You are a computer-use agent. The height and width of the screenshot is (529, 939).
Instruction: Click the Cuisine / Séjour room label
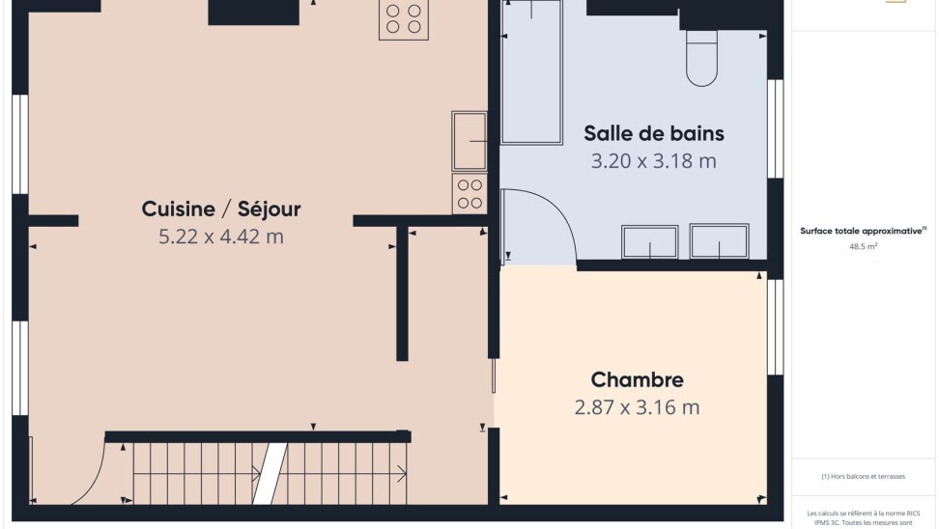(x=221, y=209)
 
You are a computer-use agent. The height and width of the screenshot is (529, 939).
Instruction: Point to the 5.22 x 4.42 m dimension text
(x=221, y=237)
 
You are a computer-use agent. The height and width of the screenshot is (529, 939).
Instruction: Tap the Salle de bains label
(x=654, y=133)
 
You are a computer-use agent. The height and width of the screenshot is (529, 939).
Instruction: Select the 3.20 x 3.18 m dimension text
(x=653, y=161)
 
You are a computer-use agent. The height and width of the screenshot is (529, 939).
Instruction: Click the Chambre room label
(x=638, y=379)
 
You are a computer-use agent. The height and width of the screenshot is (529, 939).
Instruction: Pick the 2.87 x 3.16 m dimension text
(x=637, y=407)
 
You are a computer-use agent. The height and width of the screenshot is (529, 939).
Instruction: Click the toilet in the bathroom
(x=702, y=58)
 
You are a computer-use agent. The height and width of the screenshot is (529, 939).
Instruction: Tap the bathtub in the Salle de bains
(x=531, y=72)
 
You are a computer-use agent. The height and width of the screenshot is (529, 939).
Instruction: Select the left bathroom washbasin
(x=650, y=241)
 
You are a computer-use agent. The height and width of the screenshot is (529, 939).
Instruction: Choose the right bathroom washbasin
(x=719, y=241)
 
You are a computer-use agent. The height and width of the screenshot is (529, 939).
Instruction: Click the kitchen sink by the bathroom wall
(x=469, y=141)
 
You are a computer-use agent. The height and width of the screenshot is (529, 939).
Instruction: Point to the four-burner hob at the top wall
(x=404, y=19)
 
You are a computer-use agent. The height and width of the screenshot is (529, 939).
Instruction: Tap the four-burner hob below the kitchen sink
(x=469, y=194)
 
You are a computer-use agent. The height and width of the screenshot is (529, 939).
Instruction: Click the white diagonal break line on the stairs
(x=270, y=473)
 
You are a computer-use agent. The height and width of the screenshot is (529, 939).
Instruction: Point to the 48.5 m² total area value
(x=863, y=246)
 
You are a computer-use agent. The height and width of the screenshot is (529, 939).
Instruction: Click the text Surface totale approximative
(x=861, y=231)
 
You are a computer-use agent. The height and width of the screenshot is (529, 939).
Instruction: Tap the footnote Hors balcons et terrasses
(x=863, y=476)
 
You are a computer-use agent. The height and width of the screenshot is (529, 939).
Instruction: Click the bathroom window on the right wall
(x=775, y=128)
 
